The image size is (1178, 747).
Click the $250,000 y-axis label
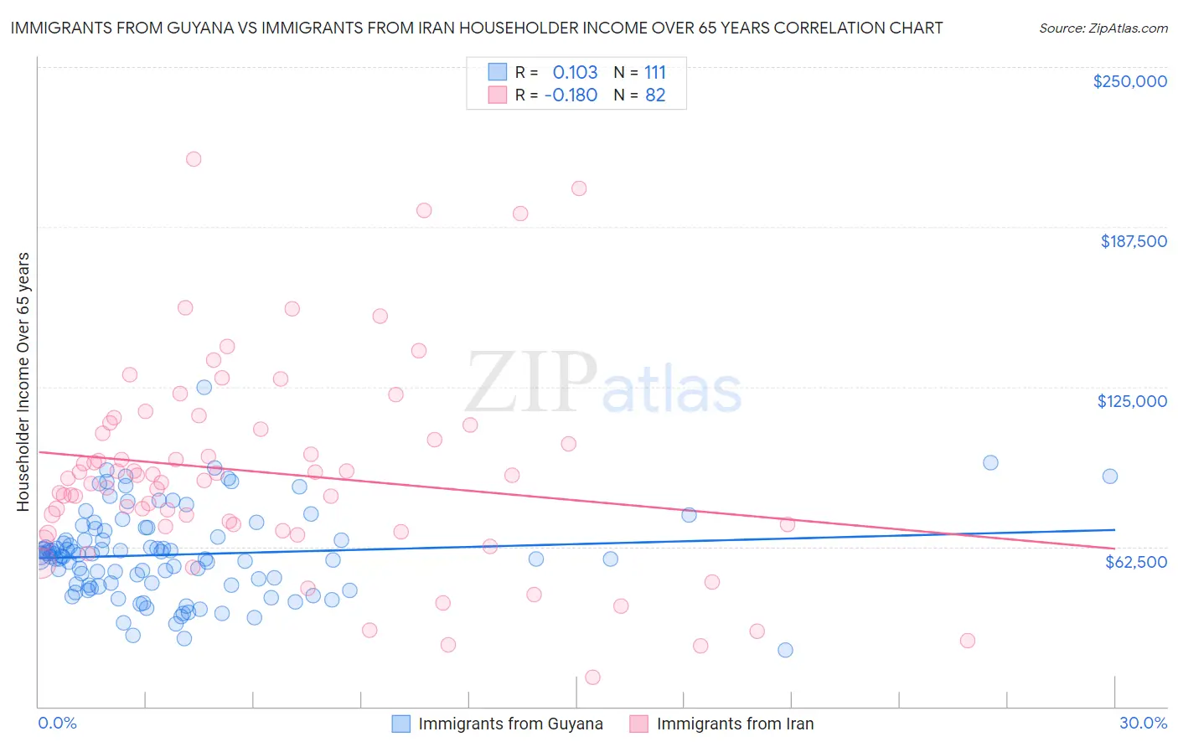coord(1129,81)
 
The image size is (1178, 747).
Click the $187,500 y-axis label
coord(1133,241)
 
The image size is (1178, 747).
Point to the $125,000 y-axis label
coord(1132,401)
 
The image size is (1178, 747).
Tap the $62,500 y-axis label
coord(1135,562)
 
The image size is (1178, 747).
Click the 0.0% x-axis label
coord(57,723)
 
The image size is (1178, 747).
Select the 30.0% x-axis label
coord(1143,723)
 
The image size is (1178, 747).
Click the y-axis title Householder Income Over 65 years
coord(23,381)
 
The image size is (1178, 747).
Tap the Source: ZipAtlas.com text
coord(1103,28)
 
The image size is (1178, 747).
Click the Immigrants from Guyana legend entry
coord(509,724)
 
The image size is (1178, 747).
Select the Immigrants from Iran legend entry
coord(734,724)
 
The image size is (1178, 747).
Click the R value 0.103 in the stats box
coord(575,72)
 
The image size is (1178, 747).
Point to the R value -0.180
coord(571,95)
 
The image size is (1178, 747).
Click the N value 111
coord(654,72)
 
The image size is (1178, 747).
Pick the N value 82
coord(654,95)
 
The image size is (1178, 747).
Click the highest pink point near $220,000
coord(194,159)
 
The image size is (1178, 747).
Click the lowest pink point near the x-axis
coord(592,677)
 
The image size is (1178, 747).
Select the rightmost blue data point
coord(1109,477)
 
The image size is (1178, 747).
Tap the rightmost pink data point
coord(967,641)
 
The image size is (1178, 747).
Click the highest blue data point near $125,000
coord(204,387)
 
